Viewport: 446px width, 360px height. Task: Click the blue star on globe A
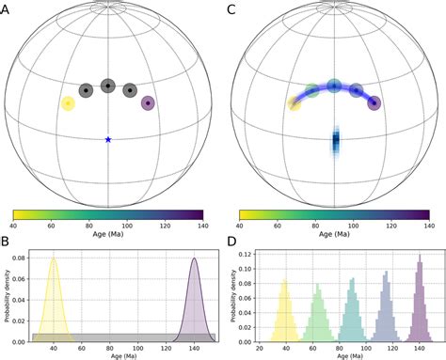coord(108,139)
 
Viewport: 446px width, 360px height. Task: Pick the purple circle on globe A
coord(147,102)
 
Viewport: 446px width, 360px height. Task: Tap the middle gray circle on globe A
coord(107,86)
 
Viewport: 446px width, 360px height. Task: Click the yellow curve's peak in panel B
coord(54,258)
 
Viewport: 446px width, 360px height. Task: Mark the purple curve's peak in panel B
coord(194,258)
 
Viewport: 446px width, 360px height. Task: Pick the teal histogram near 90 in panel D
coord(351,315)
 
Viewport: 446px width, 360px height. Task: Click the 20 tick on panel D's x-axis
coord(261,348)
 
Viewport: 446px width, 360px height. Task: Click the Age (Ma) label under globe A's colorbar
coord(107,238)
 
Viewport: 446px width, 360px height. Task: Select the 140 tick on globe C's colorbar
coord(428,227)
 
